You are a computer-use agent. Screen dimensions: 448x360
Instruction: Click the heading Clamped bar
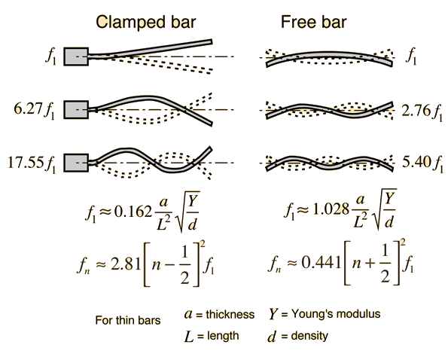coord(146,22)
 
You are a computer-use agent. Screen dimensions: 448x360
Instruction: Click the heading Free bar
coord(313,22)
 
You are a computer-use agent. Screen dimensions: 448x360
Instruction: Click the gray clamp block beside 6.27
coord(76,109)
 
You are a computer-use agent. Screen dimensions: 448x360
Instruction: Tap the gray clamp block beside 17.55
coord(76,163)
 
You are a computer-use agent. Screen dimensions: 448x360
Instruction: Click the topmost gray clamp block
coord(76,56)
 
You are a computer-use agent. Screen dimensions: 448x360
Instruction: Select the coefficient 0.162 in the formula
coord(133,212)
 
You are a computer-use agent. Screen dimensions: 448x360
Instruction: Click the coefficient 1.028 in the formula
coord(331,209)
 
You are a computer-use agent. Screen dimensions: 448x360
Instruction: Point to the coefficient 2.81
coord(126,264)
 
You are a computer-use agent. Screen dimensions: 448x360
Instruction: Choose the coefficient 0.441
coord(322,262)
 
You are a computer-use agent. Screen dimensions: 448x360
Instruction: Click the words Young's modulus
coord(336,314)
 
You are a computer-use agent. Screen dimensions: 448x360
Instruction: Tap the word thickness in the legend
coord(230,314)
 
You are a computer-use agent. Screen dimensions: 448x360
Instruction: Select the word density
coord(309,336)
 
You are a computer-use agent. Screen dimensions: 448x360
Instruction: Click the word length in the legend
coord(223,336)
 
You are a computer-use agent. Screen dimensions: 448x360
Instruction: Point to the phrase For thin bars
coord(128,320)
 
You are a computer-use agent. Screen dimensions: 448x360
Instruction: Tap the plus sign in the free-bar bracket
coord(370,263)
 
